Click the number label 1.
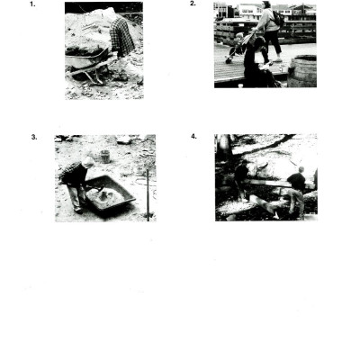tap(33, 4)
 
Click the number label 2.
tap(193, 4)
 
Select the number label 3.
tap(34, 137)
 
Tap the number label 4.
tap(193, 137)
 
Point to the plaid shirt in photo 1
tap(121, 37)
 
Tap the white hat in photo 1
tap(111, 13)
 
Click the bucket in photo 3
tap(105, 156)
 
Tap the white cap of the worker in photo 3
tap(87, 161)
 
